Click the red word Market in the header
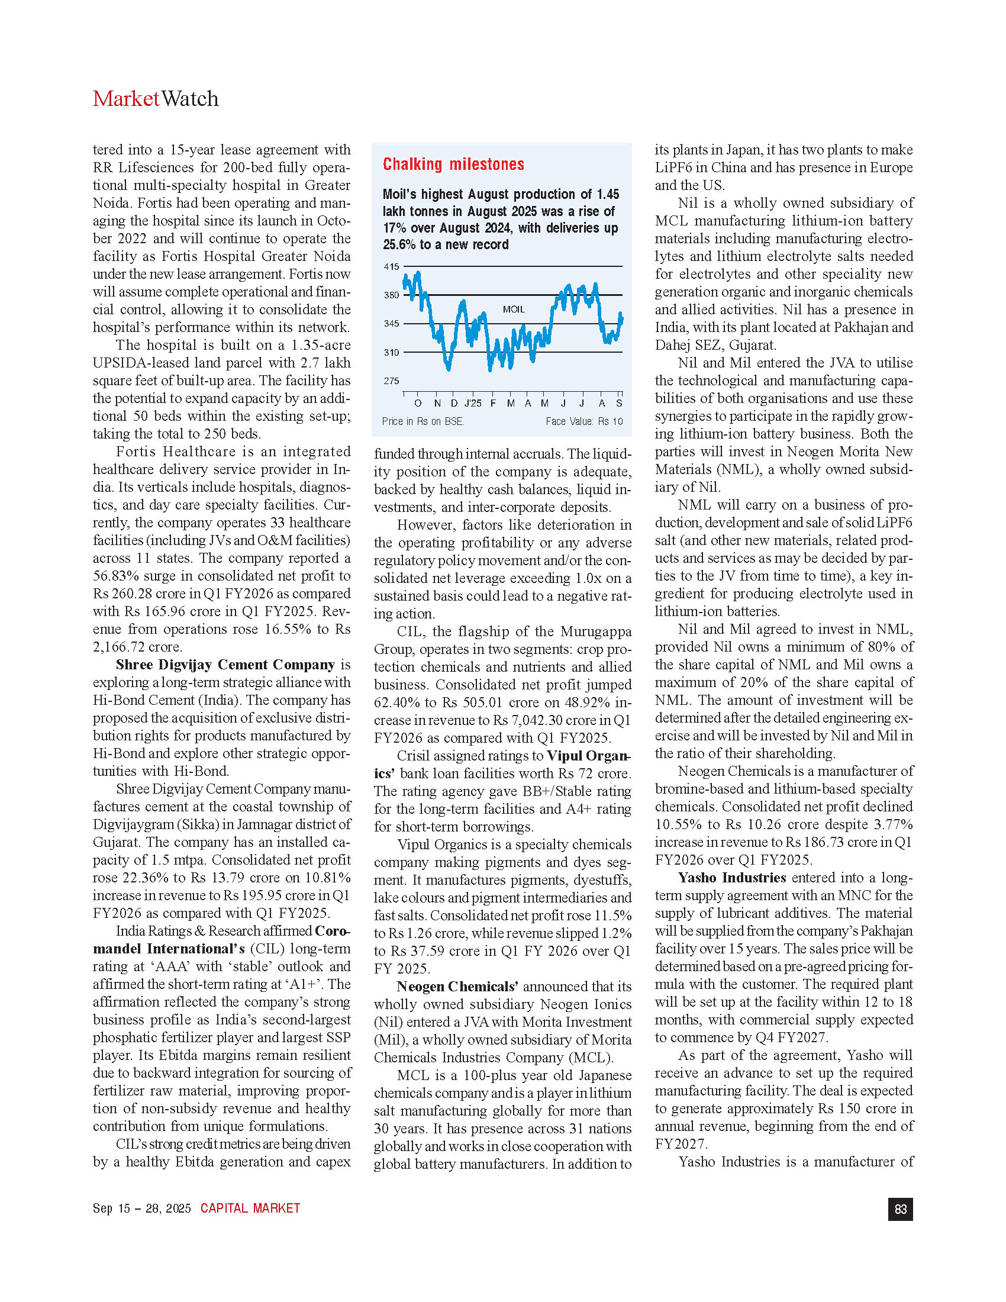(x=125, y=99)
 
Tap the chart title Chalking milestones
(x=453, y=165)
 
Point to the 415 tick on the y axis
(x=391, y=266)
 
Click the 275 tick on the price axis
(x=391, y=381)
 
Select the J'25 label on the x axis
(x=473, y=404)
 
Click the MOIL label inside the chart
(x=514, y=310)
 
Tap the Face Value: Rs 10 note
(x=584, y=421)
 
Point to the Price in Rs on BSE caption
(x=423, y=421)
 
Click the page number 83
(x=900, y=1209)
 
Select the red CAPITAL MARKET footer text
(x=250, y=1208)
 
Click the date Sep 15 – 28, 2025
(x=142, y=1208)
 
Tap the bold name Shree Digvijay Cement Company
(x=225, y=665)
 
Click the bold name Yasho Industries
(x=732, y=878)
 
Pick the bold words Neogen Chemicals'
(x=457, y=987)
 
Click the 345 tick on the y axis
(x=391, y=324)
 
